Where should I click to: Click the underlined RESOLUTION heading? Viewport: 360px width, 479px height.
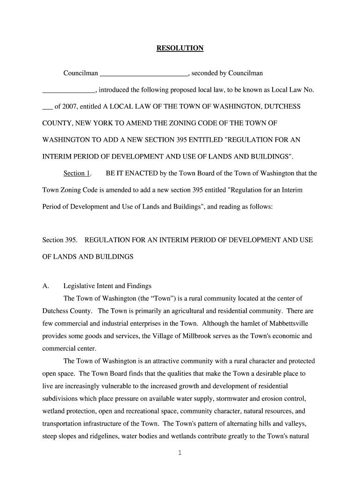(180, 48)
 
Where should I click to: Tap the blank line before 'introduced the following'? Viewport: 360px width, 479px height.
(69, 90)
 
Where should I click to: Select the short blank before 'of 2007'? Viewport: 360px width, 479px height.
(47, 107)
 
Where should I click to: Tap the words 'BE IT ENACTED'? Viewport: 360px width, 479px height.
(132, 174)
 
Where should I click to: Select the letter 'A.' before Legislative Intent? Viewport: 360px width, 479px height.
(46, 286)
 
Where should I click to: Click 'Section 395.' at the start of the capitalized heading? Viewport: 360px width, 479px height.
(60, 240)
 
